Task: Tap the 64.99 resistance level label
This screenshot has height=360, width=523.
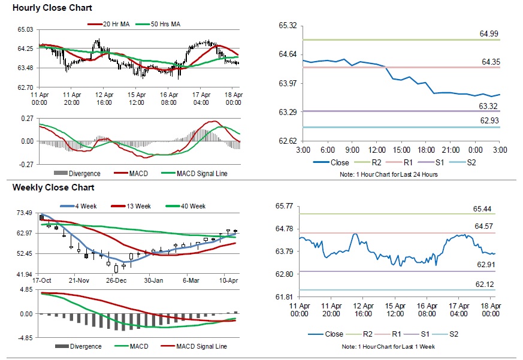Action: (489, 34)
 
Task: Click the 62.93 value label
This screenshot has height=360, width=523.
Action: (489, 120)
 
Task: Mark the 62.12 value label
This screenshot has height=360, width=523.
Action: (486, 284)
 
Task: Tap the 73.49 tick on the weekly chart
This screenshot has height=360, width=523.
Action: (24, 213)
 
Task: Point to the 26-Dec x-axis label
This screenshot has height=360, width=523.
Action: (116, 280)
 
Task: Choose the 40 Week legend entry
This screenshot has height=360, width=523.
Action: (192, 206)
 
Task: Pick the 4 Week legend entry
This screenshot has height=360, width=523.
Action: (81, 206)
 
